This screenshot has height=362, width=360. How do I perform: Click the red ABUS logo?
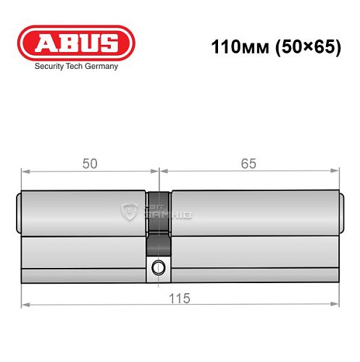coord(75,43)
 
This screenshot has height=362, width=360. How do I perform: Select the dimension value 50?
coord(90,164)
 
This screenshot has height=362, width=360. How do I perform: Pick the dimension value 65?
coord(248,164)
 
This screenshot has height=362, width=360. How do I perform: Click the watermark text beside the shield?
coord(169,212)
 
